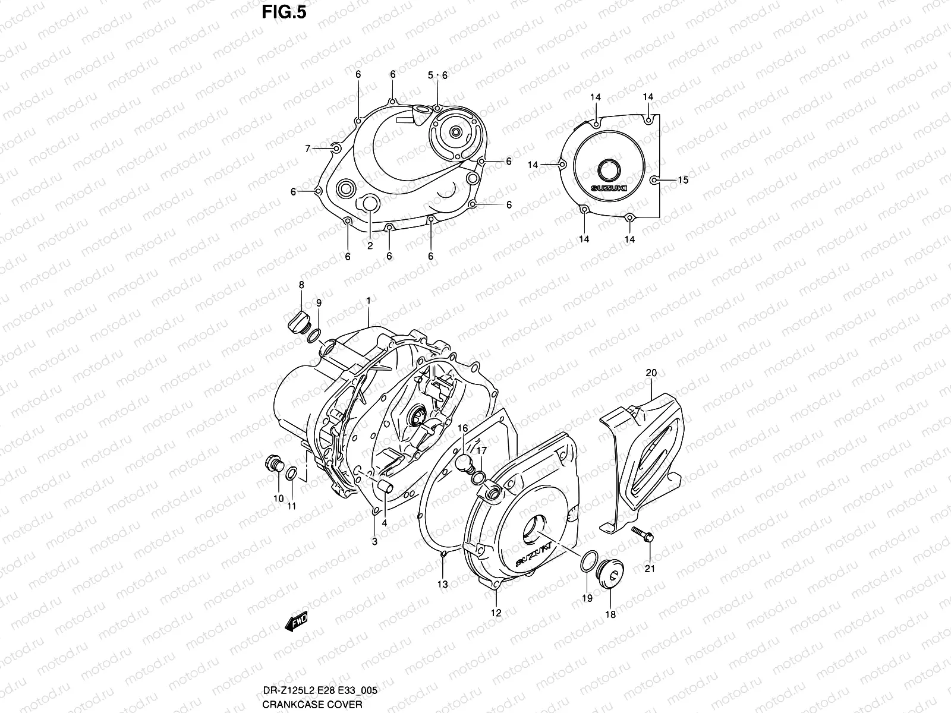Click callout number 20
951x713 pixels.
651,373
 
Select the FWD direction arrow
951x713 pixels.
295,621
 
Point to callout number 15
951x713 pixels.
683,179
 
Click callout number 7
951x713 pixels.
308,149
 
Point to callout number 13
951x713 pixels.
443,584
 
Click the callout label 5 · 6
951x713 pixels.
437,75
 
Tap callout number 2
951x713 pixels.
370,245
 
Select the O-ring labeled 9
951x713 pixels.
314,336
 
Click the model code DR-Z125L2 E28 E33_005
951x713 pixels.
320,691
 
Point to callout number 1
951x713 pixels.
369,301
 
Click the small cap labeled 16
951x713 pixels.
464,461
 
